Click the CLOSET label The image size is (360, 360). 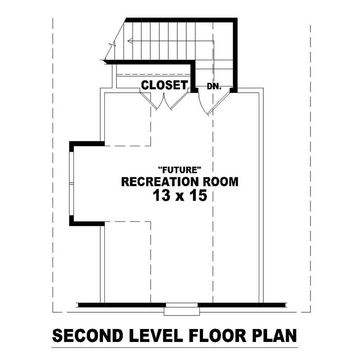[x=164, y=85]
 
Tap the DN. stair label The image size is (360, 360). [x=214, y=85]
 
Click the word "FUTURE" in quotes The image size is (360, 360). [x=179, y=170]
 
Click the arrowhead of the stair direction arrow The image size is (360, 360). [x=130, y=41]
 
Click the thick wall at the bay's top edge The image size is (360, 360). [x=87, y=144]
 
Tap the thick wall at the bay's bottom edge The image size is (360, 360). [x=87, y=223]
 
